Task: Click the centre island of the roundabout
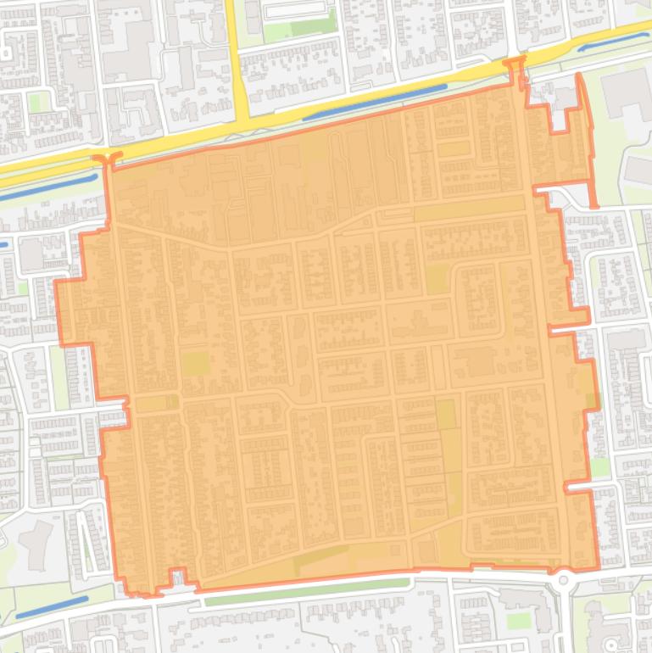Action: (x=564, y=583)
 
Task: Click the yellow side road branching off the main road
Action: (x=236, y=51)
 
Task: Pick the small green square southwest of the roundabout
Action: (x=518, y=622)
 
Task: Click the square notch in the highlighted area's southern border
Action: (x=178, y=578)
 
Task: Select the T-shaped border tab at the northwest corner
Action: (x=108, y=159)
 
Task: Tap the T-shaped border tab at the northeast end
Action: (x=515, y=64)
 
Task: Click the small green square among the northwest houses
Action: (x=35, y=102)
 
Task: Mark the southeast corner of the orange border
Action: (x=597, y=567)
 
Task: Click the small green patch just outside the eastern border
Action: (x=600, y=467)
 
